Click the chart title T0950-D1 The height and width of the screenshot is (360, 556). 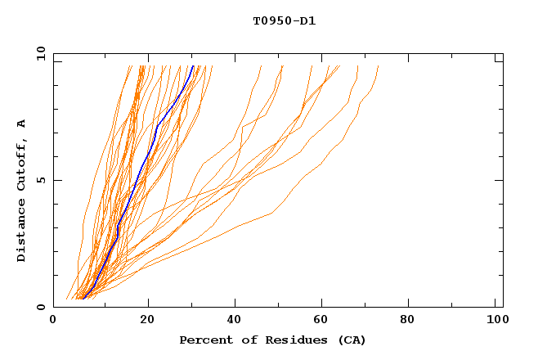(x=284, y=20)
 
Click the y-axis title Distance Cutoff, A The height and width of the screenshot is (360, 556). (x=21, y=190)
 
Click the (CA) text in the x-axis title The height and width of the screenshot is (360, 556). (x=350, y=340)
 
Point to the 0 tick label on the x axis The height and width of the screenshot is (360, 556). (x=53, y=321)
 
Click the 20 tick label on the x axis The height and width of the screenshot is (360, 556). (x=148, y=321)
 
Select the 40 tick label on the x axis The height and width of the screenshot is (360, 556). (x=236, y=321)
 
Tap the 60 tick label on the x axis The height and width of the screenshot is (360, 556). (x=325, y=321)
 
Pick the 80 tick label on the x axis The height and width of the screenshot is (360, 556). (x=413, y=321)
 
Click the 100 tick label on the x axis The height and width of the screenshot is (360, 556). (x=497, y=321)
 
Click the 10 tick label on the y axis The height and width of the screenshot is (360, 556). (x=40, y=52)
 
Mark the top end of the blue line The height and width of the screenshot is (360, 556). (x=193, y=66)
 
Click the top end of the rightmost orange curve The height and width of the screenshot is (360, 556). (x=379, y=67)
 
